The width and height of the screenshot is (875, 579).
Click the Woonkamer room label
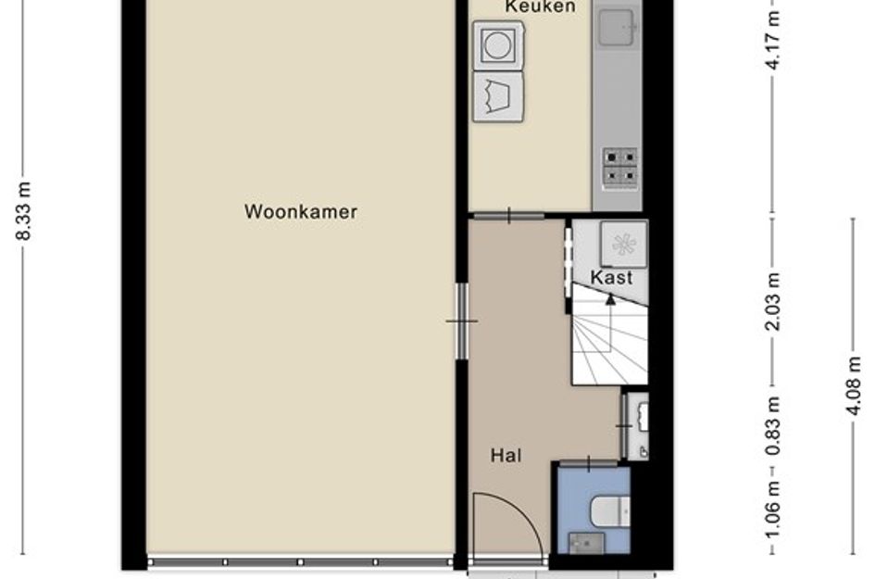pos(301,211)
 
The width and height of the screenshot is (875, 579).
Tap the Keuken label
pos(540,6)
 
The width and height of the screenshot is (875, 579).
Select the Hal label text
pos(506,456)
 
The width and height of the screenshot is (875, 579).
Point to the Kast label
pos(612,278)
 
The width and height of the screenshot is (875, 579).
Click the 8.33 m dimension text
pos(23,210)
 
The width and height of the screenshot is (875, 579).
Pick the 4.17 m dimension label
pos(773,39)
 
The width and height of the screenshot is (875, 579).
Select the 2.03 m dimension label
pos(773,301)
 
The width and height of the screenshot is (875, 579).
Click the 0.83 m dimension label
pos(773,426)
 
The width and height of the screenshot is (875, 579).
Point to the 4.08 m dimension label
pos(853,385)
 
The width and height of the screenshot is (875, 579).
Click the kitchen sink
pos(617,27)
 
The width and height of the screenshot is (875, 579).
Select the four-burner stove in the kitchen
pos(620,167)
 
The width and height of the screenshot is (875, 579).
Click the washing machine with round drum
pos(498,45)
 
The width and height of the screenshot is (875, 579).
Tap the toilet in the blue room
pos(609,511)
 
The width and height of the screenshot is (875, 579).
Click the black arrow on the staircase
pos(610,299)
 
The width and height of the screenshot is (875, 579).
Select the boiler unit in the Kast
pos(623,244)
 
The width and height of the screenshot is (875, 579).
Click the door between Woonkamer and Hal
pos(461,321)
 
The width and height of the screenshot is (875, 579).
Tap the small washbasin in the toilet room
pos(586,543)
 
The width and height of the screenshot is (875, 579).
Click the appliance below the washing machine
pos(498,96)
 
